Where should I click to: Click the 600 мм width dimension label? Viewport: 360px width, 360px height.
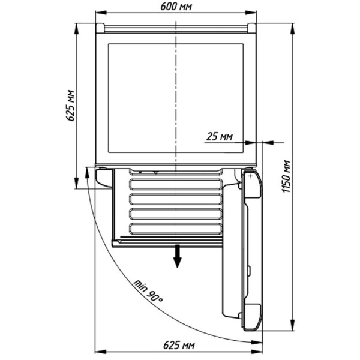tap(176, 7)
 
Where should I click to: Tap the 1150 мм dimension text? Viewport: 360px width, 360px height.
tap(286, 176)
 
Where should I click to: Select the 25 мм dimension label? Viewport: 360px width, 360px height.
tap(219, 136)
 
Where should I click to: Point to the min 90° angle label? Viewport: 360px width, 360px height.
tap(148, 290)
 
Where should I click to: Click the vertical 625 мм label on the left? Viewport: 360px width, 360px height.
tap(70, 106)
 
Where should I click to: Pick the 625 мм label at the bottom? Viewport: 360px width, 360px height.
tap(179, 345)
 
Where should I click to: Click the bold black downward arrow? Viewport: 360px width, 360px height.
tap(177, 256)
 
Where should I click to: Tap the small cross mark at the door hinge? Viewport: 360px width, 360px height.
tap(250, 176)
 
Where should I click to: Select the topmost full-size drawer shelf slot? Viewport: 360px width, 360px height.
tap(176, 185)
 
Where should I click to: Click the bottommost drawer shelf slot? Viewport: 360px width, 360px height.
tap(176, 229)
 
